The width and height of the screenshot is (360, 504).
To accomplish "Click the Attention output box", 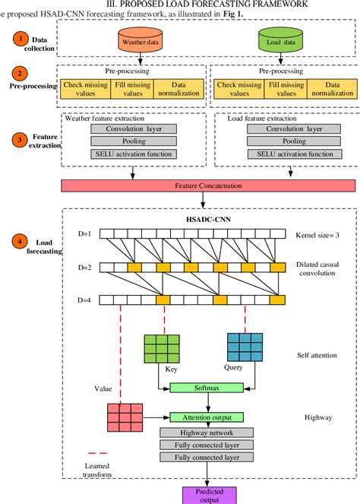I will (207, 417).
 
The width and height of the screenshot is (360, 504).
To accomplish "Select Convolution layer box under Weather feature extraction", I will (134, 128).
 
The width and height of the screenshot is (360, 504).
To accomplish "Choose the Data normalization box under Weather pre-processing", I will (178, 89).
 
